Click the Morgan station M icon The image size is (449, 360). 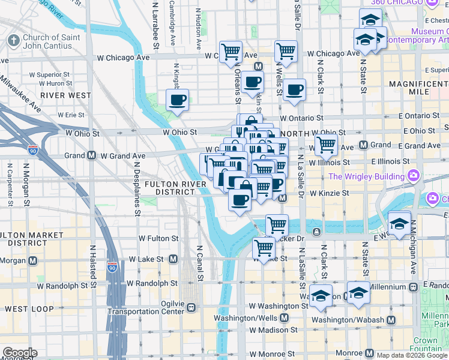32,261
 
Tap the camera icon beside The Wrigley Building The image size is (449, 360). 414,176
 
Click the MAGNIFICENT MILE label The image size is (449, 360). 419,88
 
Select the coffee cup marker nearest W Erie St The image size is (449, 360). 177,100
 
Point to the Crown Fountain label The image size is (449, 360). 425,344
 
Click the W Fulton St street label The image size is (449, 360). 158,238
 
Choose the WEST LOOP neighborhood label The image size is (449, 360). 26,309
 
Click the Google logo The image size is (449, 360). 19,353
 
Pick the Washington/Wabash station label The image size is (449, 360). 353,320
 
